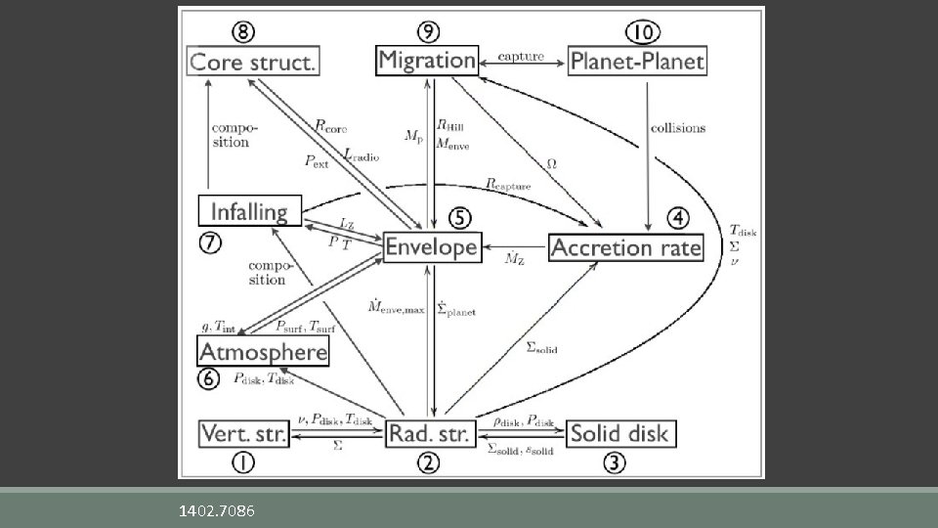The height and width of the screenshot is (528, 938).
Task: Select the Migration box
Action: [426, 60]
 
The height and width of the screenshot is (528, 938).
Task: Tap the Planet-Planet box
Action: [636, 61]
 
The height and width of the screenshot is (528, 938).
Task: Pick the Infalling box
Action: [249, 211]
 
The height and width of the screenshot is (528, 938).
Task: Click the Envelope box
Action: [431, 247]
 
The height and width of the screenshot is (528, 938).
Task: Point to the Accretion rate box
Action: [625, 247]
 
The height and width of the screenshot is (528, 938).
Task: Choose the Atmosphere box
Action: [263, 350]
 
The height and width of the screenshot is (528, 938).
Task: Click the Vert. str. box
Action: [243, 432]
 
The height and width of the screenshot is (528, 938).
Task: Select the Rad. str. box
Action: [430, 432]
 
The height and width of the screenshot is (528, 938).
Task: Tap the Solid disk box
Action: [619, 432]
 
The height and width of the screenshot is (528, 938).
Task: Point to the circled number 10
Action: [640, 30]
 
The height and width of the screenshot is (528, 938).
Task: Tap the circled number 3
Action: [613, 462]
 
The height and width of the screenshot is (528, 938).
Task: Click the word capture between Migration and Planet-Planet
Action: [522, 56]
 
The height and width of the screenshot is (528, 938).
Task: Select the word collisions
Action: [677, 128]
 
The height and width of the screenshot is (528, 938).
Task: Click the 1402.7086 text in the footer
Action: [217, 510]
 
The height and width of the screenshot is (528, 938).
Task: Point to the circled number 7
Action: [209, 244]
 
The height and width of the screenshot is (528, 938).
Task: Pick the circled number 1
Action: [243, 462]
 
